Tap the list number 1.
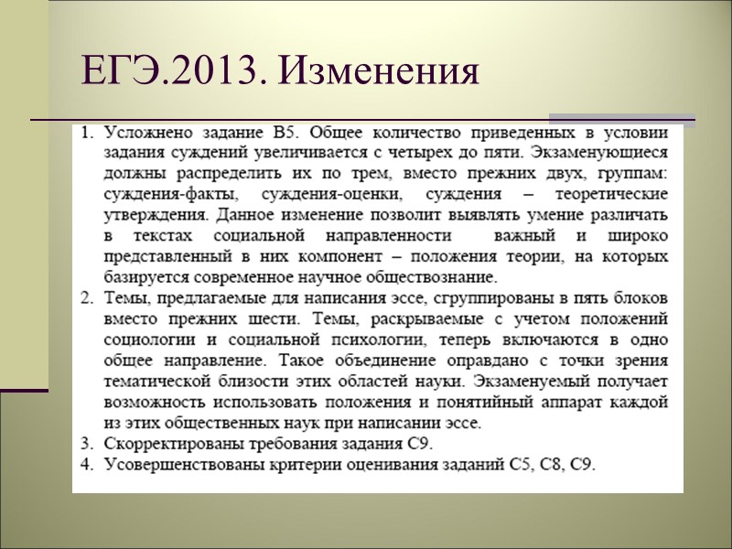[x=86, y=133]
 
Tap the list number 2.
[x=86, y=299]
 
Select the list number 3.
[x=86, y=444]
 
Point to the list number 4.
[x=86, y=465]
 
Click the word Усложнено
[x=147, y=133]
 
